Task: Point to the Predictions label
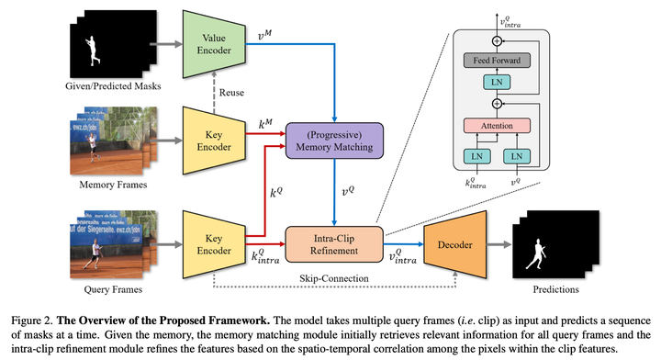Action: tap(551, 290)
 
